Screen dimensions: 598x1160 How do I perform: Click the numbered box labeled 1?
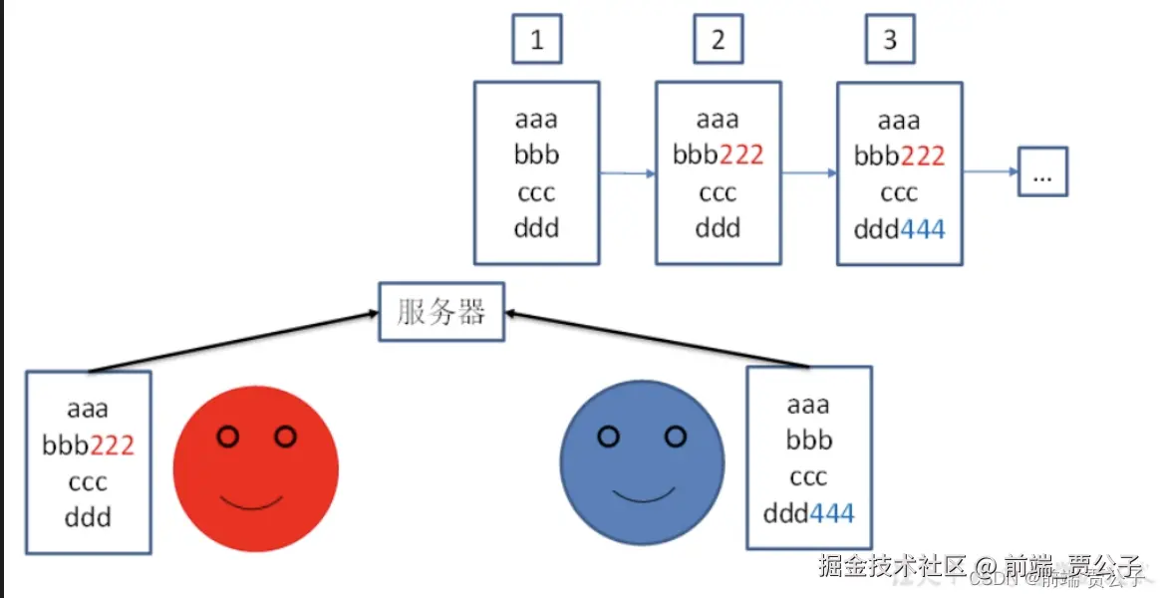tap(537, 40)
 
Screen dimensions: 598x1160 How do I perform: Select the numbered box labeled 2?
tap(719, 40)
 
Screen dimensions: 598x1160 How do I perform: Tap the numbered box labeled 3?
tap(889, 40)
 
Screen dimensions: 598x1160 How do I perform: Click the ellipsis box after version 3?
tap(1042, 171)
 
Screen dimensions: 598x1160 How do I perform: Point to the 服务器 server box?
tap(441, 312)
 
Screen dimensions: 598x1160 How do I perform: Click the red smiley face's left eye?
tap(228, 437)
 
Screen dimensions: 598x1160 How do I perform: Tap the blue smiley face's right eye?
tap(676, 437)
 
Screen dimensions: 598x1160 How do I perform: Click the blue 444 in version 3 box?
tap(922, 229)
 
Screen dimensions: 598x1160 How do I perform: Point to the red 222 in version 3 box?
tap(922, 156)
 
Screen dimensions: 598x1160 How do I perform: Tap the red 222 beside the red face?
tap(112, 446)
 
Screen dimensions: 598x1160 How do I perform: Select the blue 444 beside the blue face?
tap(831, 514)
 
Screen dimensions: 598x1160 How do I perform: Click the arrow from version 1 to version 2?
tap(627, 173)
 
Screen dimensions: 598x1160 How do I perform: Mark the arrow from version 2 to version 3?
tap(808, 173)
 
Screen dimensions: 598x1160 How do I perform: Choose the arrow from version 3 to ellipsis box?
tap(990, 172)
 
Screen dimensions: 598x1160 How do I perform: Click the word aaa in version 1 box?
tap(536, 120)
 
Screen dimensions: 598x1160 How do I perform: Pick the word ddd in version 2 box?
tap(718, 228)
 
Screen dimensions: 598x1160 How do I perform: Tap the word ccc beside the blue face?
tap(808, 477)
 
